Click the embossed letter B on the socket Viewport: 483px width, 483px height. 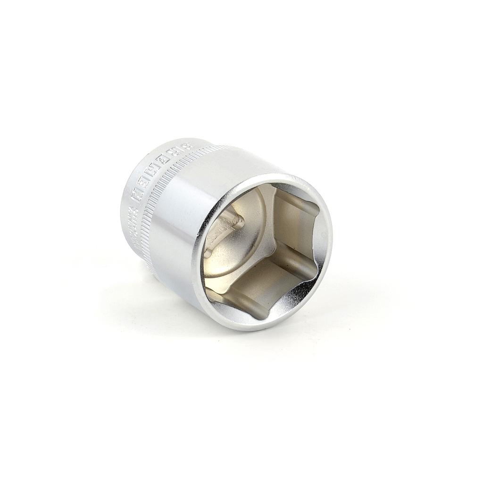(189, 146)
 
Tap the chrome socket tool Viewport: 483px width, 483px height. (226, 236)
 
